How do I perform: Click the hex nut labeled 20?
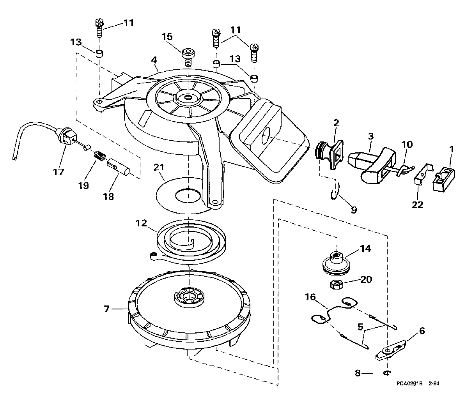[337, 284]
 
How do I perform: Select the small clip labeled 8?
[387, 373]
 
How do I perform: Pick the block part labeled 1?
[444, 178]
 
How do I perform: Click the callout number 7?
[107, 309]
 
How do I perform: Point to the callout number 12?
[142, 223]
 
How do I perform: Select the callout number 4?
[154, 60]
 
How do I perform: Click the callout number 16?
[310, 297]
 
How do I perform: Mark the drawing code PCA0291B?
[409, 383]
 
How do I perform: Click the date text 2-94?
[434, 383]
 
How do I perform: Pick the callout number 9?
[354, 210]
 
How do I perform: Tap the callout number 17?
[58, 171]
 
